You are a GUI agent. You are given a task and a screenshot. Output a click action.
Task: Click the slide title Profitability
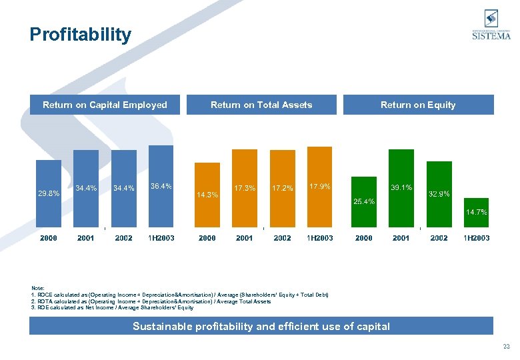pyautogui.click(x=81, y=35)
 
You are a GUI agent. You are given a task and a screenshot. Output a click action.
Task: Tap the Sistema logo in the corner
pyautogui.click(x=491, y=27)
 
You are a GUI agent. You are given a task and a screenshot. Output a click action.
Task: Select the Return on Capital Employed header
pyautogui.click(x=105, y=105)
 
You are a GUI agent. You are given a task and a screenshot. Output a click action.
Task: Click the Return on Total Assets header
pyautogui.click(x=261, y=105)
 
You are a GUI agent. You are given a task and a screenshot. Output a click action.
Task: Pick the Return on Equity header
pyautogui.click(x=418, y=105)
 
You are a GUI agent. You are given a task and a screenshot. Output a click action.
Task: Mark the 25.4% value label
pyautogui.click(x=364, y=201)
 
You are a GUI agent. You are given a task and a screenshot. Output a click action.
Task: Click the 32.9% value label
pyautogui.click(x=439, y=194)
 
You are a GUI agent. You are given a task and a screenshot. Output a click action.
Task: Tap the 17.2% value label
pyautogui.click(x=282, y=188)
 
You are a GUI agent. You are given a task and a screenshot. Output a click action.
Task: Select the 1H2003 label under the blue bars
pyautogui.click(x=161, y=238)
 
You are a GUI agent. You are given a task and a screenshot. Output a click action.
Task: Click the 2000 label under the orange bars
pyautogui.click(x=207, y=238)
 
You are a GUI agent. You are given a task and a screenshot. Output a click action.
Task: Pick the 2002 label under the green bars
pyautogui.click(x=439, y=238)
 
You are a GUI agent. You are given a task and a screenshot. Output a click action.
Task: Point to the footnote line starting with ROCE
pyautogui.click(x=180, y=295)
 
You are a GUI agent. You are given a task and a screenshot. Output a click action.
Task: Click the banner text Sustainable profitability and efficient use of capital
pyautogui.click(x=261, y=326)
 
